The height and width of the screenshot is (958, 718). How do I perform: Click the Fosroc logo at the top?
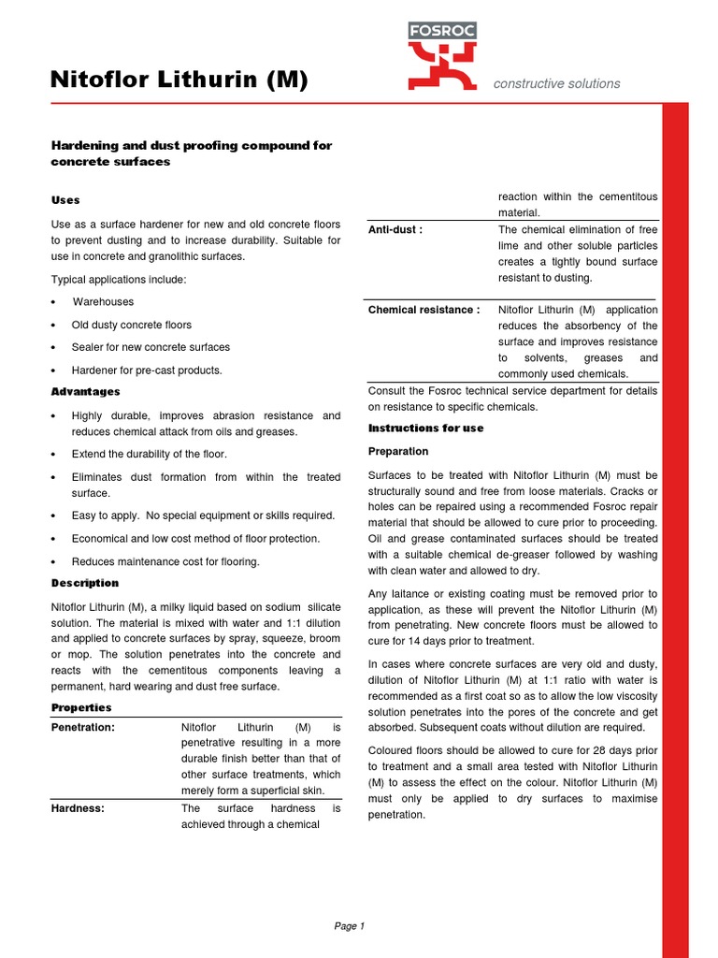coord(442,56)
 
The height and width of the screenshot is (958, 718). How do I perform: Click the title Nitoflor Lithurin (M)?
coord(179,81)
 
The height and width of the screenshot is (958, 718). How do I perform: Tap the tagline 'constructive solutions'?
coord(556,83)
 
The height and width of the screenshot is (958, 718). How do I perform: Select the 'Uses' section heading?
coord(65,200)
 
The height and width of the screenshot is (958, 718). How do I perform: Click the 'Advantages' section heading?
coord(85,391)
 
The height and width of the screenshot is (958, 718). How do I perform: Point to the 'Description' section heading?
coord(85,583)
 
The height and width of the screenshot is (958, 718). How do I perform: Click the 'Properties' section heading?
coord(81,707)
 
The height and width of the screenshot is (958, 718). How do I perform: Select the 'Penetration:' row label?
coord(83,727)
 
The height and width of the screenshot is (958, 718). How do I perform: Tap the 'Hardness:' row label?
coord(78,808)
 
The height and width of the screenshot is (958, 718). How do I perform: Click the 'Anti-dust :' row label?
coord(395,230)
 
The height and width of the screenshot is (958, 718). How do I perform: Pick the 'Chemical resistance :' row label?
coord(424,310)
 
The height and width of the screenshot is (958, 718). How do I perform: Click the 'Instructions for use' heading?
coord(426,428)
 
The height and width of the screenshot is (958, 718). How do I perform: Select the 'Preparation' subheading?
coord(398,451)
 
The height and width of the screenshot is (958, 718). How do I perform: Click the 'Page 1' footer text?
coord(349,926)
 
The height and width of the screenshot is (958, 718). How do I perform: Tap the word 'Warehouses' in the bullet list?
coord(104,302)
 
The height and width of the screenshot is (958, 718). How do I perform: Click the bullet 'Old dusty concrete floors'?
coord(132,325)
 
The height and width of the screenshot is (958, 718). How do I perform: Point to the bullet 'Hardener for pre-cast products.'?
coord(147,370)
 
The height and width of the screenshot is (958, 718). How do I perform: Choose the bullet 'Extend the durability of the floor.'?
coord(150,454)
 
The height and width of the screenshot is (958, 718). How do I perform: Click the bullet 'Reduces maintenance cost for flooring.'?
coord(165,562)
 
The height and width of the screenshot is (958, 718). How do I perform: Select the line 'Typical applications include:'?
coord(119,280)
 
